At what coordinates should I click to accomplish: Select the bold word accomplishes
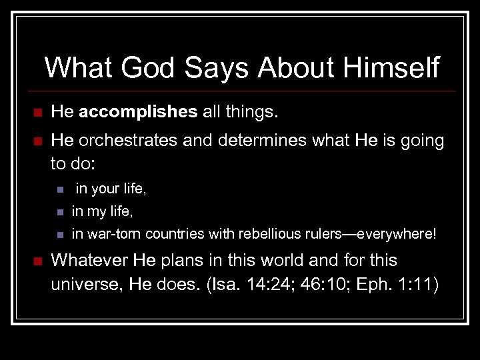click(138, 113)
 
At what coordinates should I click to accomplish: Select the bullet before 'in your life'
click(59, 190)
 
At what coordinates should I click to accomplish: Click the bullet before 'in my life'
click(59, 213)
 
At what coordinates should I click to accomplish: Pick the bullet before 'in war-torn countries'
click(59, 235)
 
